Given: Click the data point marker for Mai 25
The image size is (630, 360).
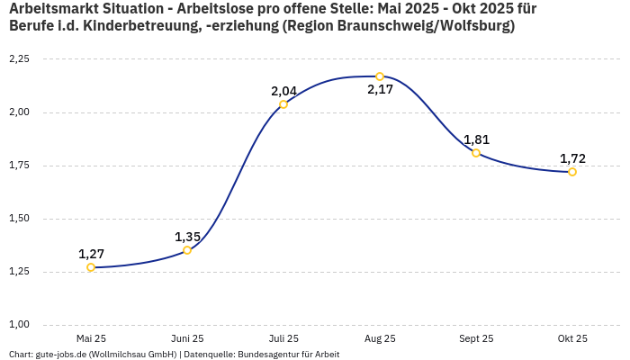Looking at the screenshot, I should pos(91,267).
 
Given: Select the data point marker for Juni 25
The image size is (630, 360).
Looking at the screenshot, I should pos(187,250).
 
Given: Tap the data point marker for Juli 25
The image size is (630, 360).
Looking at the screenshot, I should pos(283,104).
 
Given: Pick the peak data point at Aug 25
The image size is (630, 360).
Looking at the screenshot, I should pos(380,76).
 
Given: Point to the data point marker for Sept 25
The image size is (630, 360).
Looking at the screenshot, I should pos(476,153).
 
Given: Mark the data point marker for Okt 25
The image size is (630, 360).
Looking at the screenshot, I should pos(572,172).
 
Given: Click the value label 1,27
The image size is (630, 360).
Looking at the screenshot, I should pos(91,253).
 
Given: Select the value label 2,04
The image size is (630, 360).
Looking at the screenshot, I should pos(283,91).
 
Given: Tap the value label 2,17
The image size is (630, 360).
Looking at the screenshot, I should pos(380,90).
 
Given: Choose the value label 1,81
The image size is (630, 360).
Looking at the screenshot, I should pos(476,139).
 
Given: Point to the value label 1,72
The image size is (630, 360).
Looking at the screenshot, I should pos(572,158).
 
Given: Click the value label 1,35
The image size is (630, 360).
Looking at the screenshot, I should pos(187,237).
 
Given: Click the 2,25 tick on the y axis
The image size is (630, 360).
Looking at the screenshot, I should pos(19,59).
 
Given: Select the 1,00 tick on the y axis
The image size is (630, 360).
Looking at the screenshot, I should pos(19,324).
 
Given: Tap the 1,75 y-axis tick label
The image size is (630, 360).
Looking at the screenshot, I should pos(19,166).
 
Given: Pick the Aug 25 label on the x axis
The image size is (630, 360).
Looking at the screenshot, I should pos(380,338).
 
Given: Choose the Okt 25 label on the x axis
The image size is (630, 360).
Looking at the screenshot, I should pos(572,338).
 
